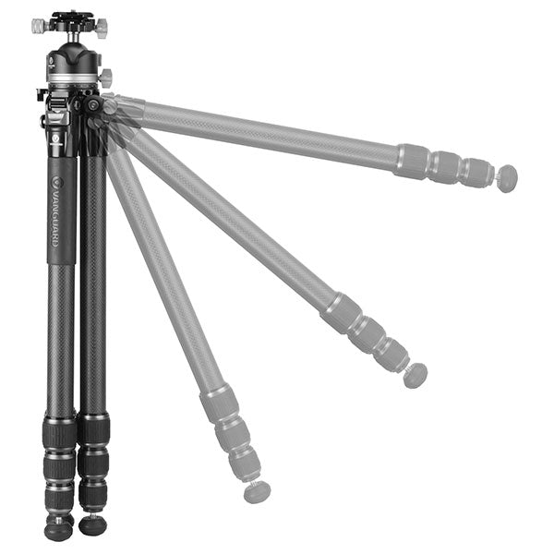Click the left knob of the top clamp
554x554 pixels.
point(41,26)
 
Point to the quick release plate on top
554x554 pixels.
point(72,15)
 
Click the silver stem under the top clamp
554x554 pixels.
point(74,37)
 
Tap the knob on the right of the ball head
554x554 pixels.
point(106,76)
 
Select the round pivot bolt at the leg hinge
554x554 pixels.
point(93,104)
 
